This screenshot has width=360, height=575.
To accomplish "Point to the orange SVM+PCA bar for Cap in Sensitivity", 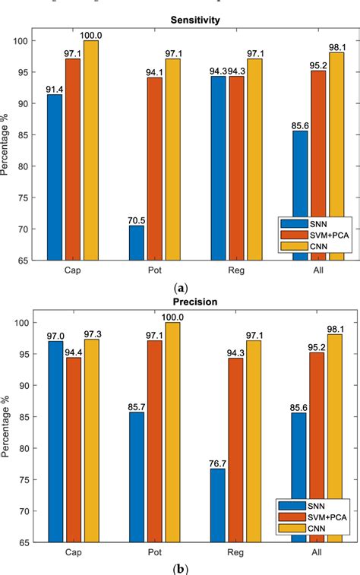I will pyautogui.click(x=73, y=160).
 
